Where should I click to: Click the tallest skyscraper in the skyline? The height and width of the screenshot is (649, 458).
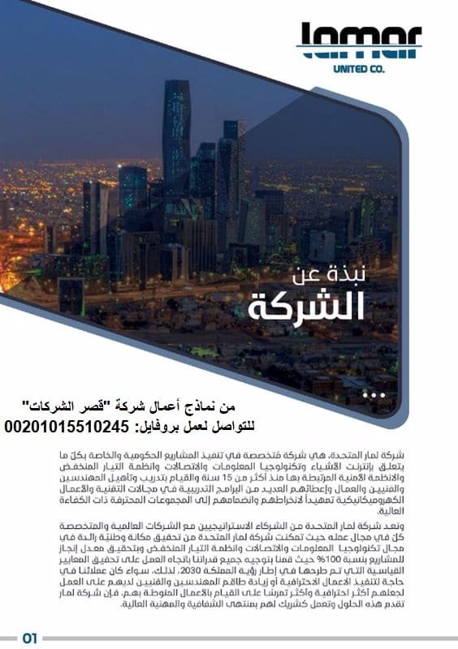(x=175, y=130)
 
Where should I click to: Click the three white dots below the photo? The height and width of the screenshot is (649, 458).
(x=374, y=394)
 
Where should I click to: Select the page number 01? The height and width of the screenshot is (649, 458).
(x=30, y=638)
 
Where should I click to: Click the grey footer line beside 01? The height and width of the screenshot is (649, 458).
(x=244, y=638)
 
